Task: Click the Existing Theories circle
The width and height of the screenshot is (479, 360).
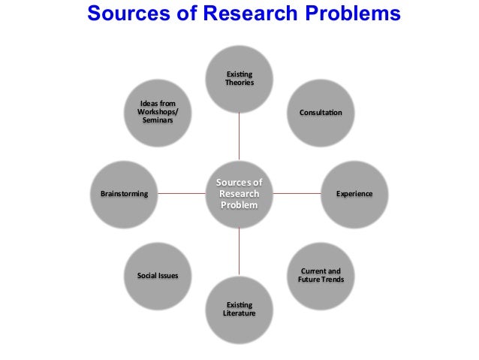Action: point(239,78)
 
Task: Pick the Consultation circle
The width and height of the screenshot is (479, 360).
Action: point(321,113)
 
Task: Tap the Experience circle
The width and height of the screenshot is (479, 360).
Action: point(354,194)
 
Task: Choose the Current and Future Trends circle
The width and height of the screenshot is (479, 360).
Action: point(321,275)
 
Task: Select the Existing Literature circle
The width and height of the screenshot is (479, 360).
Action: point(239,309)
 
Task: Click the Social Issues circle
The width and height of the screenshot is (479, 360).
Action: point(158,275)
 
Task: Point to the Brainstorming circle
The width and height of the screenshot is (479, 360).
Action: point(125,194)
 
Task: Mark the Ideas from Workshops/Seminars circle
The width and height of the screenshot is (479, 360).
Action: point(158,113)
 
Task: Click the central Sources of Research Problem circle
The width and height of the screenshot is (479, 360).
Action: point(239,194)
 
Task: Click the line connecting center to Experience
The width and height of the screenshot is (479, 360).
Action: point(297,194)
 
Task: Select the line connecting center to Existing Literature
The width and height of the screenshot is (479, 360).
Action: point(239,252)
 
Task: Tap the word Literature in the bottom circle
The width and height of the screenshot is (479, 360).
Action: point(239,313)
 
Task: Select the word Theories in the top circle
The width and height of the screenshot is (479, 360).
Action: point(239,83)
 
